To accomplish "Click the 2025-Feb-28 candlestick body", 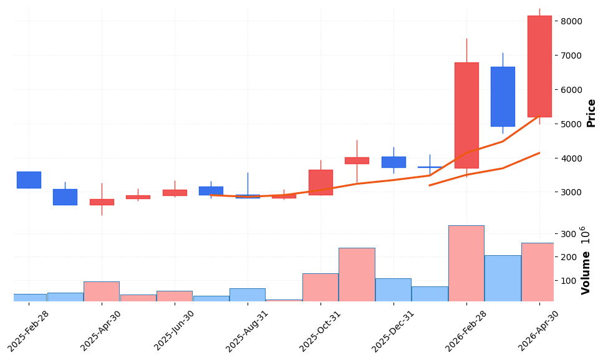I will [29, 180].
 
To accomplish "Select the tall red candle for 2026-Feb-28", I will [466, 115].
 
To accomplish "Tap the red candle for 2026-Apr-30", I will [539, 66].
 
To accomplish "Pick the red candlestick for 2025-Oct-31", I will [321, 182].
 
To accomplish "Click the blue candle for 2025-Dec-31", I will [393, 162].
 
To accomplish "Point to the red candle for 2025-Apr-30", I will [102, 202].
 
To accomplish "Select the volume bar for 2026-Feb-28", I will [466, 263].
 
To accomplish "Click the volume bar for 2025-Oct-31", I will [321, 287].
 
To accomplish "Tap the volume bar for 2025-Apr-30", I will [102, 291].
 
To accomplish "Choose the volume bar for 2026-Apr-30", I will [538, 272].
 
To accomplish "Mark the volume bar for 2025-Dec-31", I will [393, 289].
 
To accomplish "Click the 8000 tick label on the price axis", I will [572, 21].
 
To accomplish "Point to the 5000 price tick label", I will [572, 124].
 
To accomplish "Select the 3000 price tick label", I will [572, 193].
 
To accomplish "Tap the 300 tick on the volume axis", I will [567, 234].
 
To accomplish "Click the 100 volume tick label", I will [567, 281].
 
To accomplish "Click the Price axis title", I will [591, 113].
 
